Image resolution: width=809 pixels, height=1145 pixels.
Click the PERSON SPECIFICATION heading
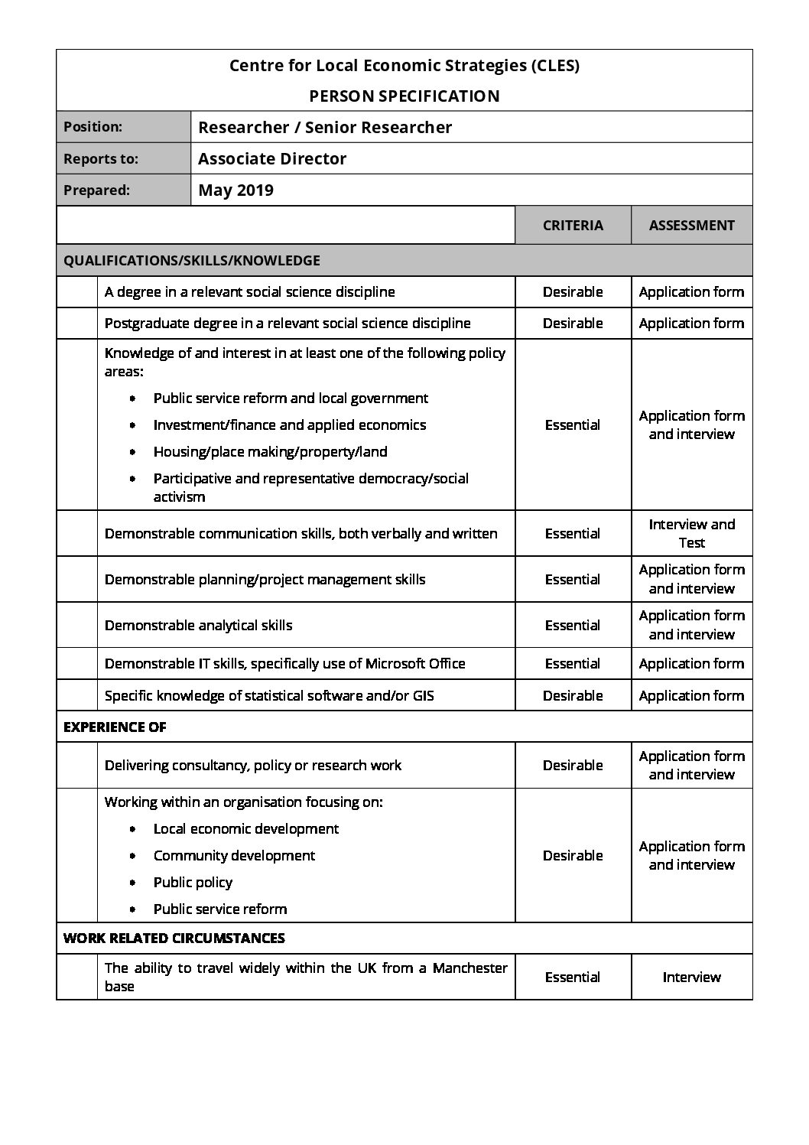click(404, 96)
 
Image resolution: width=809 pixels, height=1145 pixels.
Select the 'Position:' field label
click(93, 127)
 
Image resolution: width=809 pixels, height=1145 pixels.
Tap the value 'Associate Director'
click(271, 159)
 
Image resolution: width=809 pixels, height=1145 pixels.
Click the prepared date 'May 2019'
click(236, 190)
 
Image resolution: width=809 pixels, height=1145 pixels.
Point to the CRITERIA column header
click(573, 226)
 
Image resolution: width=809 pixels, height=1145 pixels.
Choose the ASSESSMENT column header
click(691, 226)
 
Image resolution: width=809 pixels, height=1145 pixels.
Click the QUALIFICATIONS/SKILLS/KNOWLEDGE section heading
click(191, 261)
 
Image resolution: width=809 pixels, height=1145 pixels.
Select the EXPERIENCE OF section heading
click(115, 727)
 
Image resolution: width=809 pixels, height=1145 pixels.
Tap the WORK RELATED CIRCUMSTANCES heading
click(174, 938)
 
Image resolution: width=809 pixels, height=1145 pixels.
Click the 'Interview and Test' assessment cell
click(691, 534)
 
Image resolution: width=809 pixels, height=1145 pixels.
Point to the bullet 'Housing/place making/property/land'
click(270, 452)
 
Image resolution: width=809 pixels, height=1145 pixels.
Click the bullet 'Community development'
click(234, 856)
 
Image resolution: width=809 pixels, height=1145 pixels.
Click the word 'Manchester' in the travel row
click(469, 968)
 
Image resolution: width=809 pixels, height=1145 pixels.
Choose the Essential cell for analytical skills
click(573, 626)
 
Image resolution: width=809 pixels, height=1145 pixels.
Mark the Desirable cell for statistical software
click(573, 696)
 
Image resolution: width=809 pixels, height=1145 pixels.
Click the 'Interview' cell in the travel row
click(691, 977)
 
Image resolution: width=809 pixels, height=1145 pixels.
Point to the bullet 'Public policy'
click(193, 883)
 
